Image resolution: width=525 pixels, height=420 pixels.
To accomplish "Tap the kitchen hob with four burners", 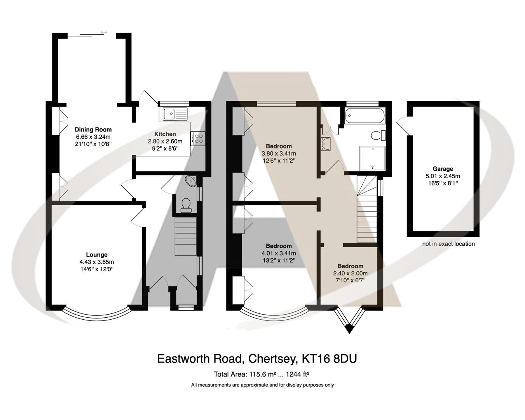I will click(200, 139).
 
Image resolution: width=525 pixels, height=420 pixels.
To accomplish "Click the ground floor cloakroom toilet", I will click(186, 205).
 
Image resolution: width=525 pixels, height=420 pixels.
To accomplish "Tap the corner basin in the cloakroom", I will click(192, 181).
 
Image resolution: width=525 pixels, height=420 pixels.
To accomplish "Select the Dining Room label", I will click(93, 129).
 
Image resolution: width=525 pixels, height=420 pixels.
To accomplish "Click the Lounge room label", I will click(96, 255).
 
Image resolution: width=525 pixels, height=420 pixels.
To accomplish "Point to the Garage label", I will click(443, 169).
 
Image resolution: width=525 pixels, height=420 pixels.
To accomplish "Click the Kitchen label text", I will click(165, 134).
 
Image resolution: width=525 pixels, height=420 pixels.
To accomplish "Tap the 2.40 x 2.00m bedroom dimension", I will click(350, 273).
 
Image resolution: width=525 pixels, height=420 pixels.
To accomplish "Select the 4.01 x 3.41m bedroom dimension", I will click(279, 253).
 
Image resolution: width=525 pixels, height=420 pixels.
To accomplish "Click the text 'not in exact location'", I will click(448, 244).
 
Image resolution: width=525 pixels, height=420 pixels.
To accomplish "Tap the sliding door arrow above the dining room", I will click(104, 32).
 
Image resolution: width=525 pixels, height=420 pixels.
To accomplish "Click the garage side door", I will click(403, 127).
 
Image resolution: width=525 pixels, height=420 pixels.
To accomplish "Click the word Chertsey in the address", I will click(270, 358).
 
